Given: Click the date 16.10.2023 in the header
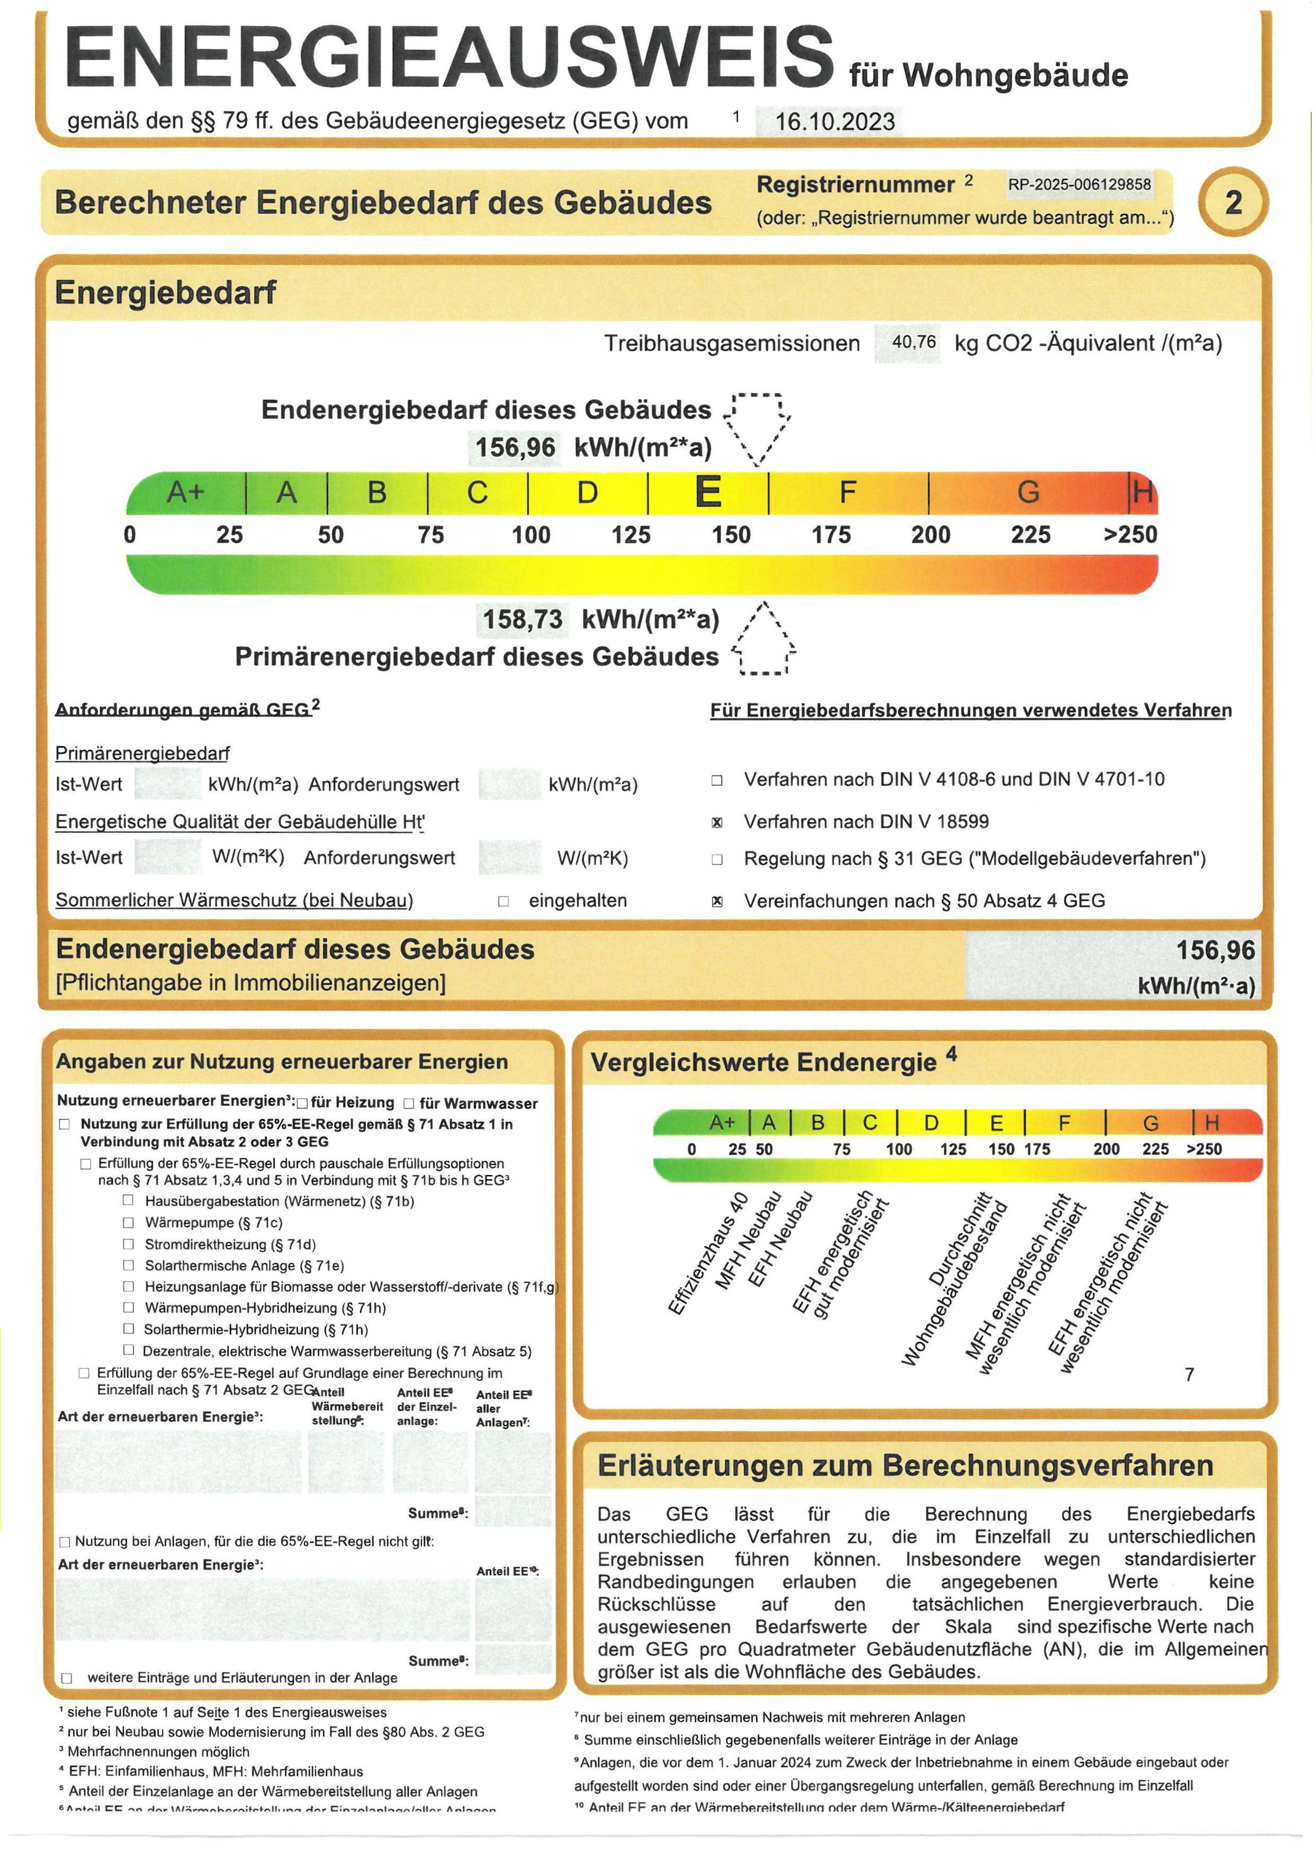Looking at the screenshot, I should tap(834, 122).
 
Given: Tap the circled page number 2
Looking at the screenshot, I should tap(1233, 202).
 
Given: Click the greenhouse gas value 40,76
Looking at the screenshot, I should tap(914, 342).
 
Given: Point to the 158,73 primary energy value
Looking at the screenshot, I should tap(523, 620).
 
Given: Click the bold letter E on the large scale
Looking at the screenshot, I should tap(708, 492).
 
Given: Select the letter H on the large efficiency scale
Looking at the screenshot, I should tap(1143, 492).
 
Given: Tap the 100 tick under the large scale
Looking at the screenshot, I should tap(530, 535).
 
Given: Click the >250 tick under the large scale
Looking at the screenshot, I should tap(1130, 535).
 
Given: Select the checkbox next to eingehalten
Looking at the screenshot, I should tap(503, 901).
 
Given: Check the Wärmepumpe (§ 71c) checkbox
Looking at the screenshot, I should tap(128, 1222).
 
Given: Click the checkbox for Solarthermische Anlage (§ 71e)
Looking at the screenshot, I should tap(128, 1265).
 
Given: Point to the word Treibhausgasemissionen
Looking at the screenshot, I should tap(732, 344).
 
